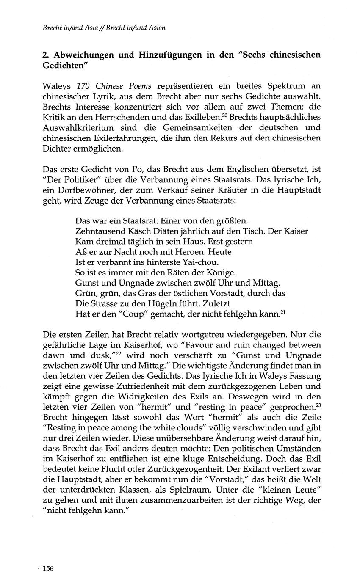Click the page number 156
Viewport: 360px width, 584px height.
tap(48, 568)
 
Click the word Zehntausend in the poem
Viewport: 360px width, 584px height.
tap(97, 231)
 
